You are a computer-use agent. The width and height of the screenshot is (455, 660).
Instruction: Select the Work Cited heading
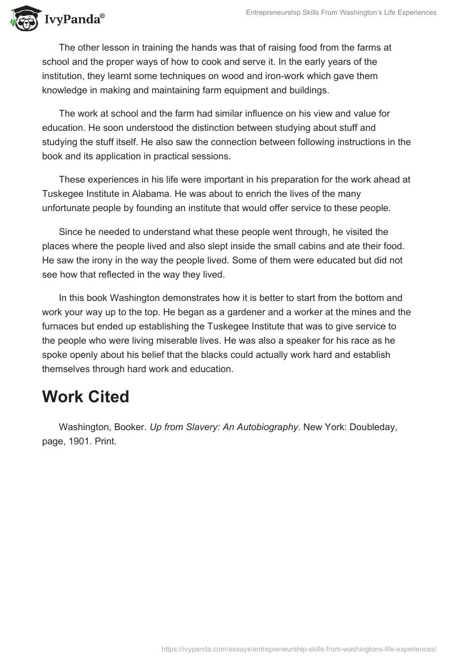coord(85,397)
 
